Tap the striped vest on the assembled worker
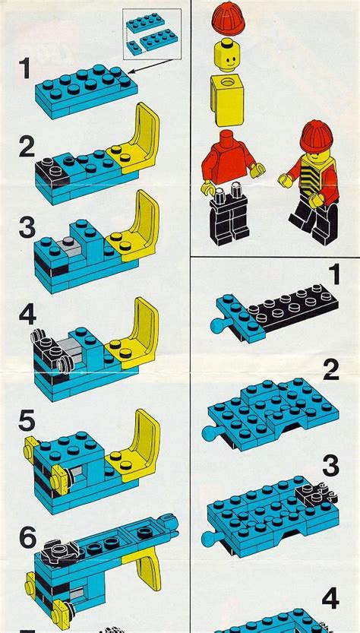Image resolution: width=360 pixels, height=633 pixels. [313, 181]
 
